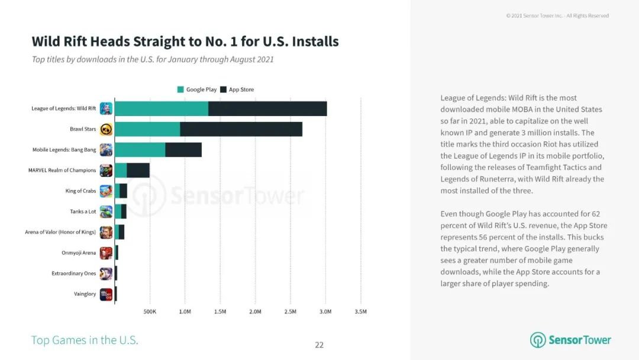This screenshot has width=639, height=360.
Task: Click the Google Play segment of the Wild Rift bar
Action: [161, 108]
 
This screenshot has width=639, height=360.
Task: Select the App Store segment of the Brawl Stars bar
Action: [241, 129]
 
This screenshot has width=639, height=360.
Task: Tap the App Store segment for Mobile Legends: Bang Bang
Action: [183, 150]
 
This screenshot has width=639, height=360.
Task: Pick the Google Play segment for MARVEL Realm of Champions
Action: [121, 171]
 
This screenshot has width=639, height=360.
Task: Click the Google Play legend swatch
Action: [180, 89]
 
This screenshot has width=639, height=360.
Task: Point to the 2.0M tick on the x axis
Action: [255, 311]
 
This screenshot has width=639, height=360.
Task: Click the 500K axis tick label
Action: [149, 311]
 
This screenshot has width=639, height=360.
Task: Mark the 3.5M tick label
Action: [360, 311]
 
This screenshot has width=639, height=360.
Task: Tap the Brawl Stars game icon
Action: [106, 129]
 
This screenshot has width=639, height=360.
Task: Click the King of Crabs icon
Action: [106, 191]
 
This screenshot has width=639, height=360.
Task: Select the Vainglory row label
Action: [85, 294]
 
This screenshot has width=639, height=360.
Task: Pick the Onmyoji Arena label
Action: [79, 253]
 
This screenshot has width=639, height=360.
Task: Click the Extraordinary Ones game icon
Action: [106, 274]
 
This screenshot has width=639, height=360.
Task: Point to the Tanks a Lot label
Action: [83, 211]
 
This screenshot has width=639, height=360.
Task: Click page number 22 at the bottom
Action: [319, 345]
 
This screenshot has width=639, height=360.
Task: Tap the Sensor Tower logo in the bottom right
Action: [570, 340]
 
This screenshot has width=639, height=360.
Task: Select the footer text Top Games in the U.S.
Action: [85, 340]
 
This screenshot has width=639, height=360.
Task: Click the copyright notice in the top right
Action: [557, 16]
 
